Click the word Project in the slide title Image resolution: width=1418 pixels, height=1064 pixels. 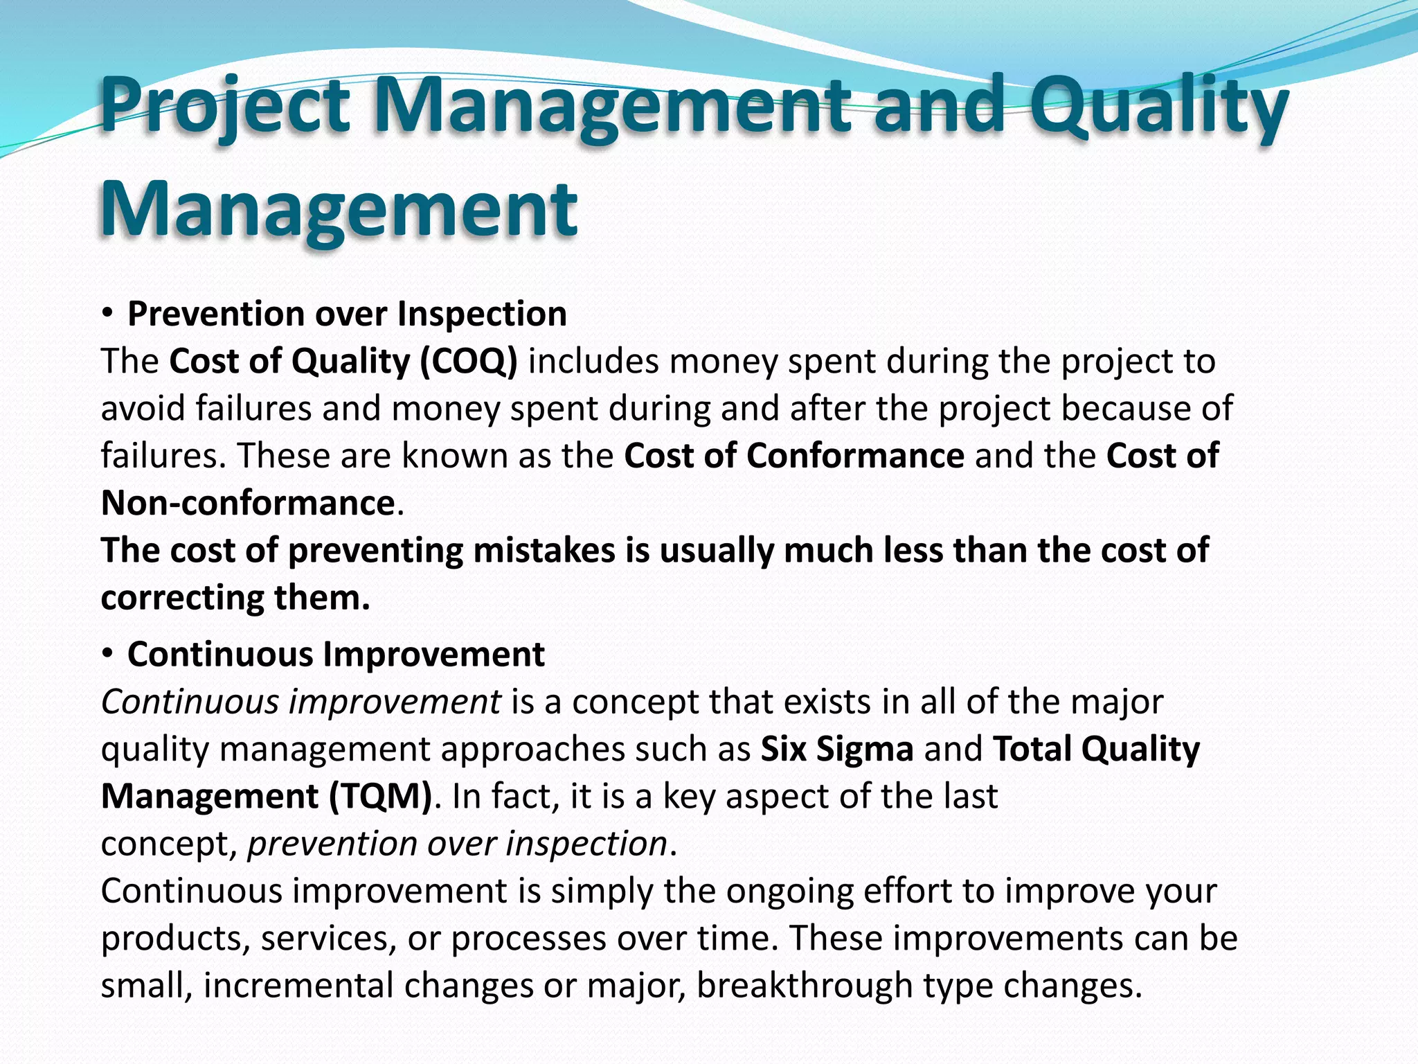tap(225, 107)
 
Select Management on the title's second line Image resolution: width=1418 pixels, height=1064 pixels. tap(339, 208)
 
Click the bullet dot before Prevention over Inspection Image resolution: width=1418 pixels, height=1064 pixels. tap(107, 314)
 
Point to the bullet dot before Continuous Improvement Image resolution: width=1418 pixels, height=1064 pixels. tap(107, 654)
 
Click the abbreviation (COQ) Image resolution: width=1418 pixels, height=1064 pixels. tap(469, 361)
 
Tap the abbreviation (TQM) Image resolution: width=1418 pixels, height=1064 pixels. tap(380, 796)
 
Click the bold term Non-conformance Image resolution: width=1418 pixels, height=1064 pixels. tap(248, 502)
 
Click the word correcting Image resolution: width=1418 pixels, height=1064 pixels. tap(182, 597)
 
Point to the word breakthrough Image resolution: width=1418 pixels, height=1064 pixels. tap(805, 985)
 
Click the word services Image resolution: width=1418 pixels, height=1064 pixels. tap(329, 938)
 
